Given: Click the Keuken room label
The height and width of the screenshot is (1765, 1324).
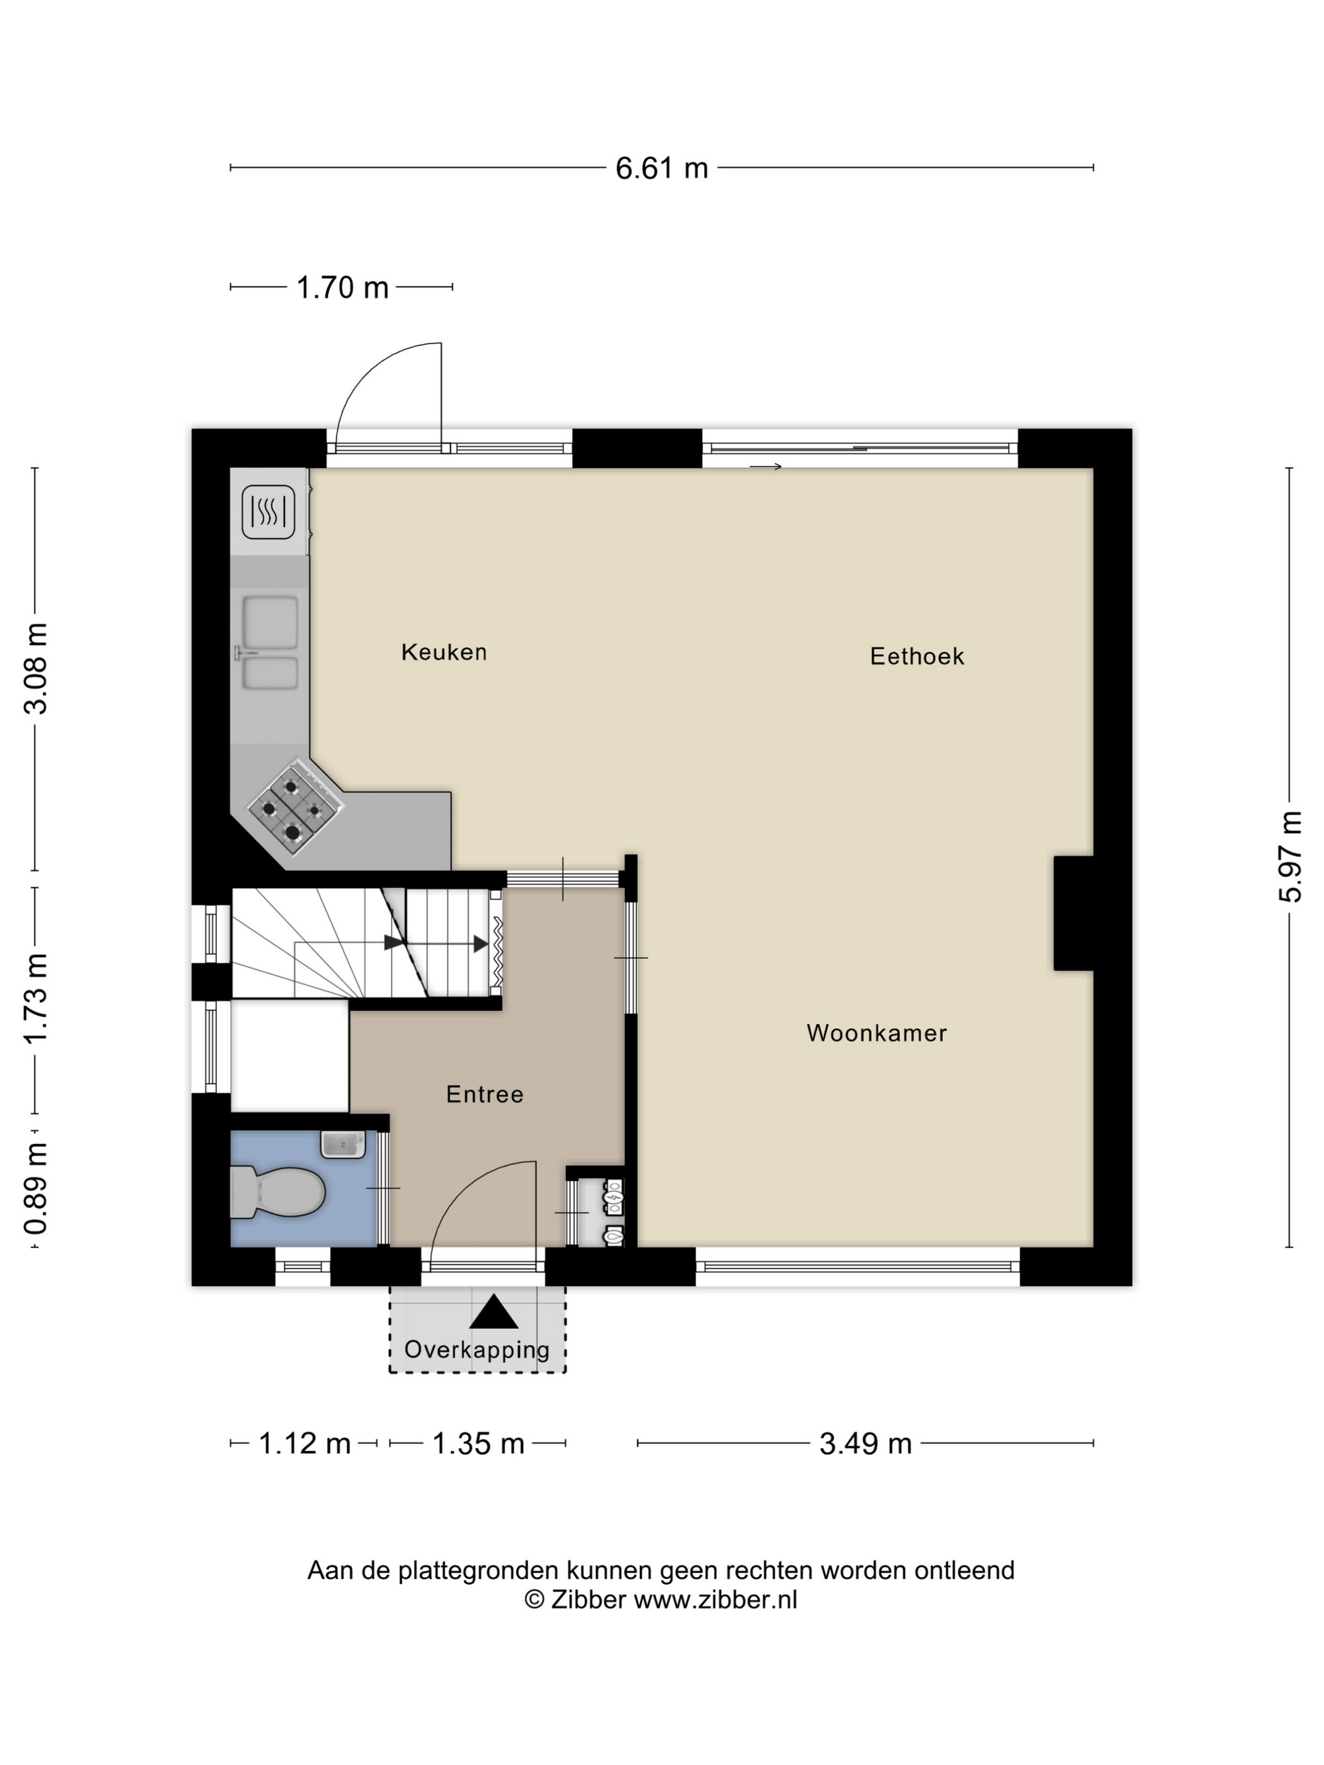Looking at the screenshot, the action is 444,652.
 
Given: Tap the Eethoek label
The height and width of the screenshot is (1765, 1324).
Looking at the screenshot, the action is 917,656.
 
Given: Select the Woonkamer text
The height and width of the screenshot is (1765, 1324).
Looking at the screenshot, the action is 876,1033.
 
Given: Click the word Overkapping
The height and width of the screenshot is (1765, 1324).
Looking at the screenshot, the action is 477,1350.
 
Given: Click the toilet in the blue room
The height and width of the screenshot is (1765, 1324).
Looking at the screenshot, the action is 277,1192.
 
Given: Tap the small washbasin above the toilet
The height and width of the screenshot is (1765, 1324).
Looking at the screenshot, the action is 343,1144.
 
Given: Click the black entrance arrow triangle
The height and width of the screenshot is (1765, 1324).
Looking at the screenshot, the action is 494,1312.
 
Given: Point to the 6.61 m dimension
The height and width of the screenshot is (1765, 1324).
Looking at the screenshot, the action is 661,168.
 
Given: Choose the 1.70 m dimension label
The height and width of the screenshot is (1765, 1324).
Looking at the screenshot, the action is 342,287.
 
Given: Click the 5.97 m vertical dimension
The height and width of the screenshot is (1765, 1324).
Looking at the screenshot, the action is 1290,856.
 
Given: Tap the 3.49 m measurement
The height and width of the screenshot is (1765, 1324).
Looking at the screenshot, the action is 865,1443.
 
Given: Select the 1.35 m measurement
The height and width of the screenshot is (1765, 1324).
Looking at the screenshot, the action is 478,1443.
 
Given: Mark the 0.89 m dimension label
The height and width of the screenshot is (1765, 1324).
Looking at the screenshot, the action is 36,1188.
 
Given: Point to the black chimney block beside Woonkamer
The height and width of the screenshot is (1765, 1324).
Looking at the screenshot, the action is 1074,913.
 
